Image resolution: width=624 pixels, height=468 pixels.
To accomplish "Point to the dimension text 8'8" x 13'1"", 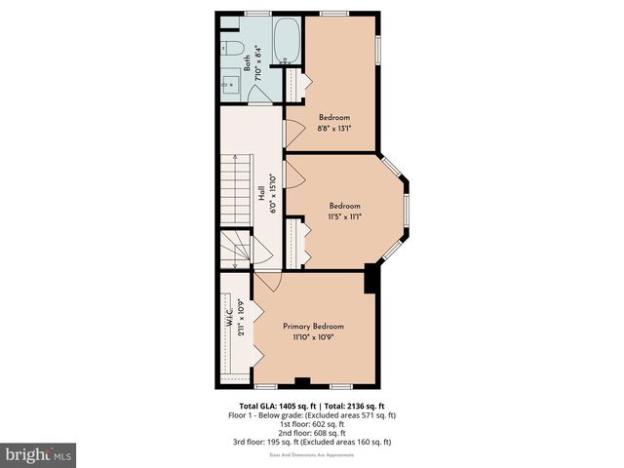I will (333, 127).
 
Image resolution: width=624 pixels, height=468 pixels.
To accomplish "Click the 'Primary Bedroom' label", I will (313, 326).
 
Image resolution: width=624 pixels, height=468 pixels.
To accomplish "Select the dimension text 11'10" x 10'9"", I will (313, 337).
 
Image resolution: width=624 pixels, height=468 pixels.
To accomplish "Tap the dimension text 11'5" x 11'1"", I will (344, 217).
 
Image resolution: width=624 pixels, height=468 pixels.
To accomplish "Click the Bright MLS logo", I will (39, 454).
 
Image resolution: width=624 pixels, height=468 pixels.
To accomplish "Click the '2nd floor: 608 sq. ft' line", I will (312, 433).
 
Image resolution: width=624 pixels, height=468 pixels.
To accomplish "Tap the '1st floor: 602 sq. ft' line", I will (312, 424).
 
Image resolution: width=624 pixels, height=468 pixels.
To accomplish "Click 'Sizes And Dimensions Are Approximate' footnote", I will (312, 451).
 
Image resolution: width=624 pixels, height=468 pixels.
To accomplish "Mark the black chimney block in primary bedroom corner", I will (371, 278).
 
